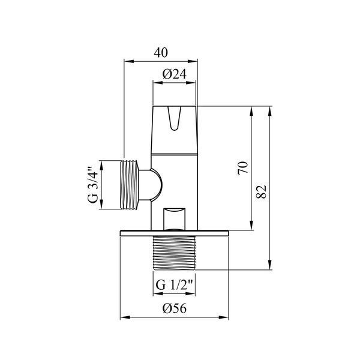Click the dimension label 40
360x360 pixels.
(x=161, y=53)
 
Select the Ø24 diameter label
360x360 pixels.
(x=175, y=74)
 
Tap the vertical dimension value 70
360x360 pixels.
(x=243, y=168)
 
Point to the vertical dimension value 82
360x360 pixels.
(x=262, y=191)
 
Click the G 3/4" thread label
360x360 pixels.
(x=93, y=185)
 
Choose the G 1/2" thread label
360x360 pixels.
(x=174, y=285)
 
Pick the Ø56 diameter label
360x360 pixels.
(x=175, y=308)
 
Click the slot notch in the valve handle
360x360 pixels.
(x=175, y=118)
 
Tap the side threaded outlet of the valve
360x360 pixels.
(x=129, y=185)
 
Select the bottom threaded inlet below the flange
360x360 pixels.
(x=174, y=253)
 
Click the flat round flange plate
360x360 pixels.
(x=175, y=233)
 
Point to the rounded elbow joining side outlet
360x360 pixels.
(x=151, y=185)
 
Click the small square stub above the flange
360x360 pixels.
(x=174, y=219)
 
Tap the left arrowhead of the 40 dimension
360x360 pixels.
(x=129, y=61)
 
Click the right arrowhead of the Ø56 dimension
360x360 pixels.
(x=224, y=317)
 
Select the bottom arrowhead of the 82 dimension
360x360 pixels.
(x=270, y=265)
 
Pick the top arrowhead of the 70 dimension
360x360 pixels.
(x=251, y=112)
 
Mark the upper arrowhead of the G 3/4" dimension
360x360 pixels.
(x=101, y=166)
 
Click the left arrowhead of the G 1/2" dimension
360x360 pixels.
(x=158, y=293)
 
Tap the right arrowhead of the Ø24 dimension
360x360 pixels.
(x=191, y=83)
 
